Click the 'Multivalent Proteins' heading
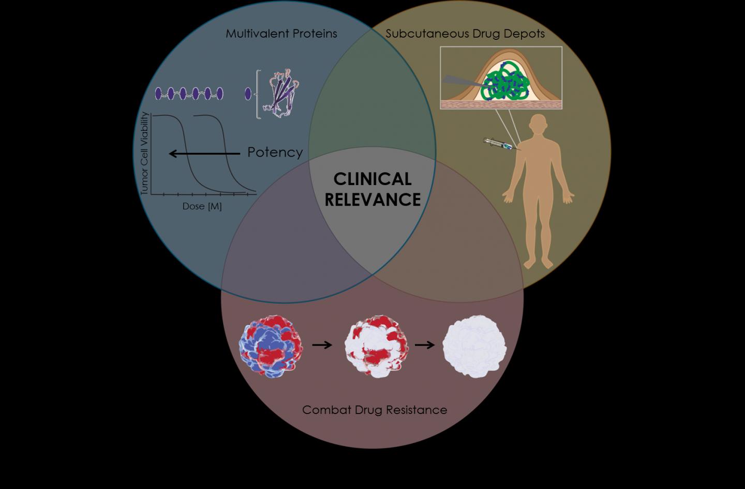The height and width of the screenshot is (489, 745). coord(281,34)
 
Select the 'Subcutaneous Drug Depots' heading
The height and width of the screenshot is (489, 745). coord(465,34)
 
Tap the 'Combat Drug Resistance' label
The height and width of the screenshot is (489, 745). coord(374,410)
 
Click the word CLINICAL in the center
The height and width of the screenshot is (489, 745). coord(372,179)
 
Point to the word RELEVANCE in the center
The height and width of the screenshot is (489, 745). coord(373,200)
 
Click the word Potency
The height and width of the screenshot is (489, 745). coord(275,152)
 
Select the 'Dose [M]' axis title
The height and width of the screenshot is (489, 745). coord(202,206)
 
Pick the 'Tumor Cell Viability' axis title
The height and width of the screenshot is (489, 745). coord(145,154)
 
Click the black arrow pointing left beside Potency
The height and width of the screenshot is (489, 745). coord(204,154)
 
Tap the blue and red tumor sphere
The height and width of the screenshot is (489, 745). coord(271,347)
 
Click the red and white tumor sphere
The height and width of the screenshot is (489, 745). coord(376,347)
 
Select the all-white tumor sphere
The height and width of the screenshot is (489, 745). coord(474,346)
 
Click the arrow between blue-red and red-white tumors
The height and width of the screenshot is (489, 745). coord(322,344)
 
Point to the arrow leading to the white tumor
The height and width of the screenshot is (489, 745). coord(425,344)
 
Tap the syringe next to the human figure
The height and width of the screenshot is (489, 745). coord(500,145)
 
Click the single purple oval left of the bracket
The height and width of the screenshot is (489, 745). coord(248,94)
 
